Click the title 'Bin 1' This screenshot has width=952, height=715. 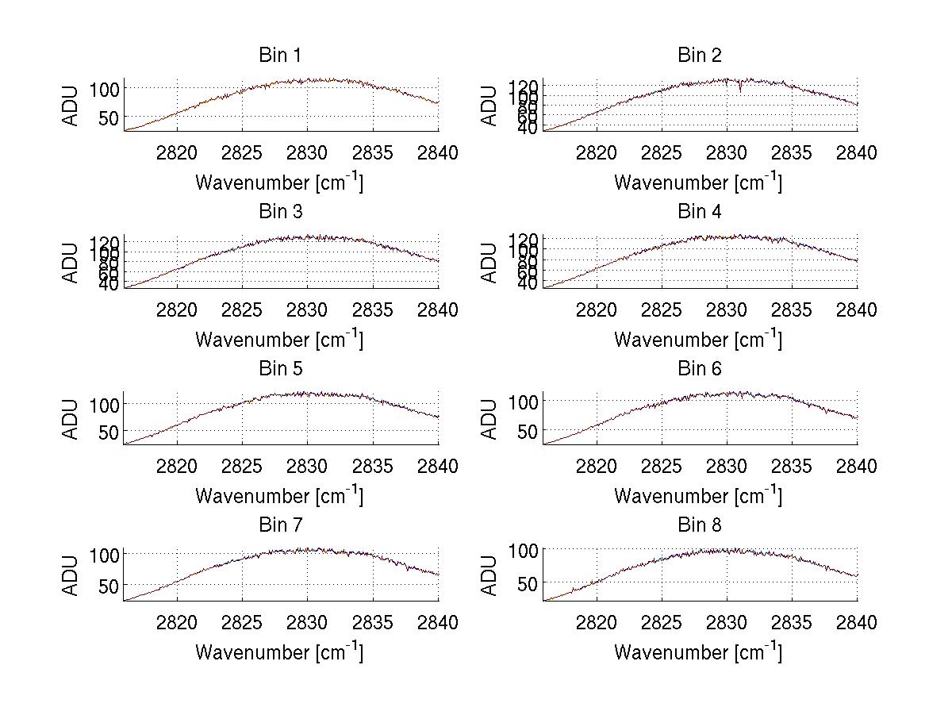(x=280, y=56)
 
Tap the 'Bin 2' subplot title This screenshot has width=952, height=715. (x=699, y=56)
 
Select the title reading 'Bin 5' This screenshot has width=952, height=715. (x=280, y=369)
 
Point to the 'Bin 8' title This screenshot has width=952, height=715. (x=699, y=525)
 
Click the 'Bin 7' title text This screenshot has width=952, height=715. (x=280, y=525)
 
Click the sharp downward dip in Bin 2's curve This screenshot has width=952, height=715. (x=740, y=90)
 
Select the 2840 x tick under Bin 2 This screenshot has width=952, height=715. (x=856, y=152)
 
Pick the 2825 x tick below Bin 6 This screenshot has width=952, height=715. (x=662, y=466)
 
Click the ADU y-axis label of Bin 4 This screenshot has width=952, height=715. (x=489, y=263)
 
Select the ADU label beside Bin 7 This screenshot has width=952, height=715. (x=71, y=576)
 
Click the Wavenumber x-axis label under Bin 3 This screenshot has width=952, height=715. (x=279, y=340)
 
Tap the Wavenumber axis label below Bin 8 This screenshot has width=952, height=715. (x=698, y=652)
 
